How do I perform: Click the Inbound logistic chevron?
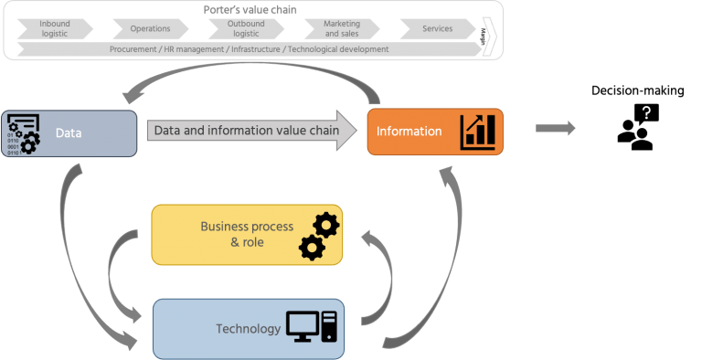55,28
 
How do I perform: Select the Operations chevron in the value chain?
150,28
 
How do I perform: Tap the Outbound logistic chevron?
246,28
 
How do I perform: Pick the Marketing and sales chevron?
341,28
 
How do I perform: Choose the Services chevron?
437,28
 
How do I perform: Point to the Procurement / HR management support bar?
249,49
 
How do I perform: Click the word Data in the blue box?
69,133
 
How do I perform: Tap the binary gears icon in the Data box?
23,133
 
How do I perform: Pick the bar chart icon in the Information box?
478,132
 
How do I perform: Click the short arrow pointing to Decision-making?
556,129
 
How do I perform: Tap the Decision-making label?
637,90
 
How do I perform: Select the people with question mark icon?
637,127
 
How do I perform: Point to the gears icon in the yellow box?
319,236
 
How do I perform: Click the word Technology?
248,328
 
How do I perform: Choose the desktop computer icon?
311,326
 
